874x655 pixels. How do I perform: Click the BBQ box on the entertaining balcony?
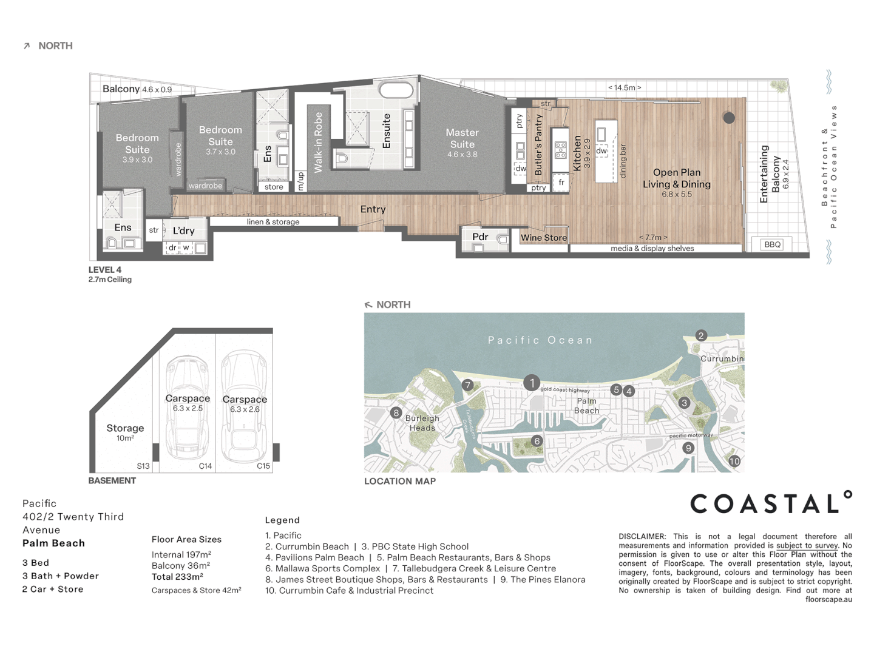(x=772, y=244)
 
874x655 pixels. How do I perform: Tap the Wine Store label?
(x=543, y=238)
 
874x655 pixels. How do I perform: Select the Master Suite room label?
(x=462, y=138)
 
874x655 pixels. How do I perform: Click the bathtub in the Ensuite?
(x=396, y=90)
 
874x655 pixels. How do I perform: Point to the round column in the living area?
(x=729, y=118)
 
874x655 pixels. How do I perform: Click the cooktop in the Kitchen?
(x=561, y=150)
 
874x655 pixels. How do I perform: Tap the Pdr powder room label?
(x=480, y=237)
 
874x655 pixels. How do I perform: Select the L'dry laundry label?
(x=183, y=230)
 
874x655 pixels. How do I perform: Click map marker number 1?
(x=531, y=383)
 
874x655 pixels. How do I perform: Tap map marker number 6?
(x=537, y=441)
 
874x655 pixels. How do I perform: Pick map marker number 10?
(x=734, y=461)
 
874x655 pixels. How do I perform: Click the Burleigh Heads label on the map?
(x=422, y=423)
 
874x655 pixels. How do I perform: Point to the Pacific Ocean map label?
(x=540, y=340)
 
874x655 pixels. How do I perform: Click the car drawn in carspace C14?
(x=187, y=408)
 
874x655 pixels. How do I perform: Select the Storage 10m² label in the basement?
(x=125, y=432)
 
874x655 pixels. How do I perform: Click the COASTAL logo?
(x=771, y=503)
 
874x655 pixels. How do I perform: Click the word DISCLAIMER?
(x=642, y=537)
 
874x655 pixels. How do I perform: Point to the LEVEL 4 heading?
(x=105, y=270)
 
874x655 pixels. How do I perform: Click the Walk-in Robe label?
(x=318, y=143)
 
